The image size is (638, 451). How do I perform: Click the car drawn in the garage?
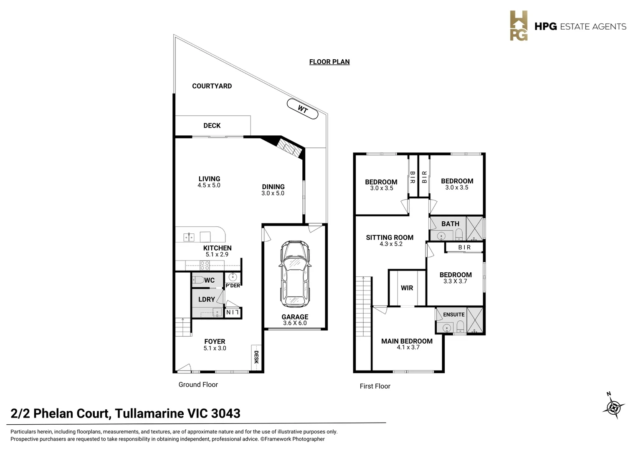click(x=295, y=274)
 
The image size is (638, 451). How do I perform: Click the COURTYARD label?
click(x=212, y=86)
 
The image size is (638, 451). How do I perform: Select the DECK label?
click(x=212, y=125)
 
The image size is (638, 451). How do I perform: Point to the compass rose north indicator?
click(x=613, y=405)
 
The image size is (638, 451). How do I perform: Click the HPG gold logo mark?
click(x=519, y=26)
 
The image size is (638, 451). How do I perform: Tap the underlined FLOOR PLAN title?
click(x=329, y=62)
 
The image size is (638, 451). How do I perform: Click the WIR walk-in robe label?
click(x=407, y=288)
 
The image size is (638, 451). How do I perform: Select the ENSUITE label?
click(x=454, y=314)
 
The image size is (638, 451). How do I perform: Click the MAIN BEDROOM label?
click(x=407, y=341)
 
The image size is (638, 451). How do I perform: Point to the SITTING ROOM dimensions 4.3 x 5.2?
click(x=391, y=244)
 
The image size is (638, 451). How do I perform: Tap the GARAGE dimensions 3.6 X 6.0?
click(x=295, y=323)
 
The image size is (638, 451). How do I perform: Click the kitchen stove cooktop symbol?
click(x=205, y=265)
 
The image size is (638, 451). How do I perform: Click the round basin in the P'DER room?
click(x=233, y=277)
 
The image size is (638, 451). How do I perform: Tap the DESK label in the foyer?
click(x=256, y=357)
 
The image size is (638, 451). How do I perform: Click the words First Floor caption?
click(x=375, y=386)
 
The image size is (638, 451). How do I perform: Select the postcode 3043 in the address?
click(x=226, y=413)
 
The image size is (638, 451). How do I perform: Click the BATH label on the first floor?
click(x=450, y=224)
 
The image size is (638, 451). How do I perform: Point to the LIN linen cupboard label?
click(x=233, y=312)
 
